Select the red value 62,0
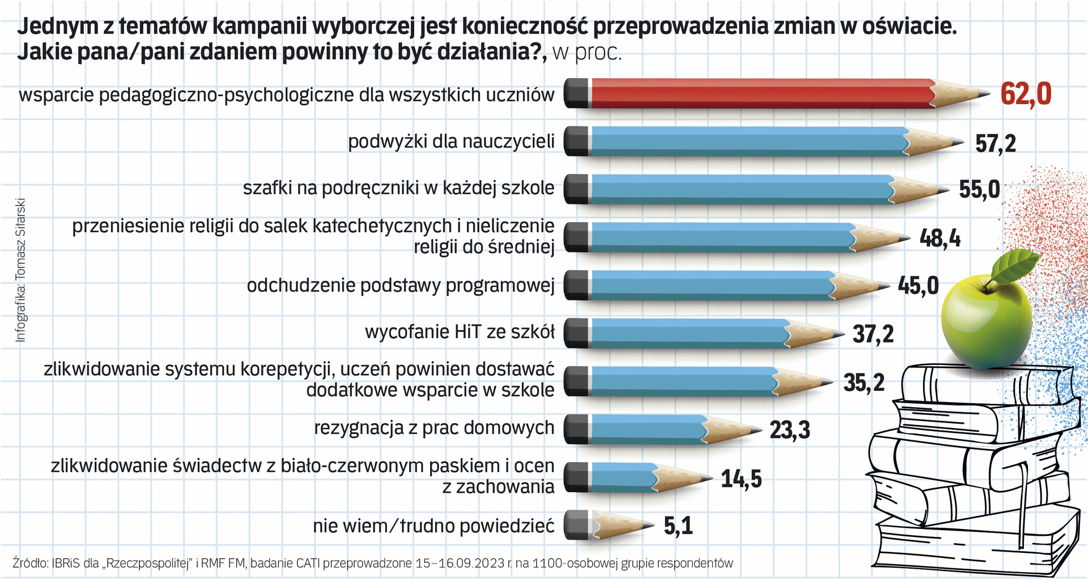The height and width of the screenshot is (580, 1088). [x=1026, y=94]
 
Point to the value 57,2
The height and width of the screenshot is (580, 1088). [x=996, y=143]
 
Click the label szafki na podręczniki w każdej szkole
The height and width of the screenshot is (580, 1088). [x=398, y=188]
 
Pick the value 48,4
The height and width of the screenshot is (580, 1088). [x=940, y=238]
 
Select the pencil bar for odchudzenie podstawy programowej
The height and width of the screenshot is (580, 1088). [x=708, y=285]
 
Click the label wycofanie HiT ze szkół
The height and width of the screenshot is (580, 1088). [x=460, y=332]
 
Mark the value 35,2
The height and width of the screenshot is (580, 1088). [x=864, y=383]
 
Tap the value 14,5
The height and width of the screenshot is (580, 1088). [x=741, y=479]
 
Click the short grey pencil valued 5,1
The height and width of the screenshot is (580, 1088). [x=606, y=526]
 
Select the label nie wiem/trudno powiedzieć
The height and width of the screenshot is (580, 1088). [x=433, y=526]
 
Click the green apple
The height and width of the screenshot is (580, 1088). [x=986, y=323]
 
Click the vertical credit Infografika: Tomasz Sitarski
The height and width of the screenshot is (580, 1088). [x=21, y=270]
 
